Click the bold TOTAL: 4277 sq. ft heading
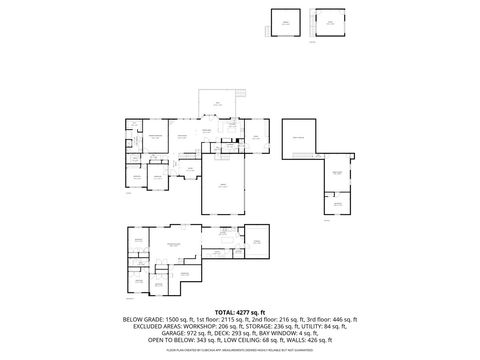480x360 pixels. (x=240, y=311)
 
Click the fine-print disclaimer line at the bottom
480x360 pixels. (x=240, y=349)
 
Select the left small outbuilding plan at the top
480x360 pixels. (x=285, y=24)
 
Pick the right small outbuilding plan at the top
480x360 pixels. (x=329, y=24)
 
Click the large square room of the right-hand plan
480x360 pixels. (x=298, y=140)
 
